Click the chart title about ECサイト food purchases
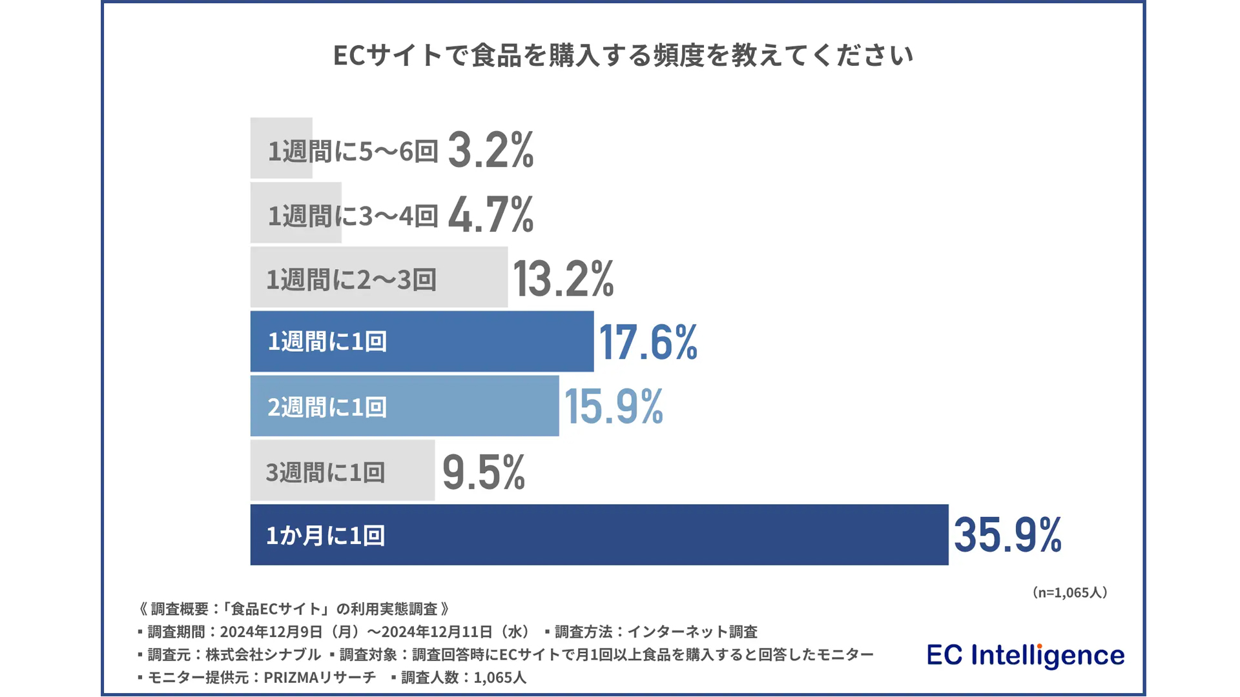(x=623, y=56)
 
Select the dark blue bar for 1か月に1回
(x=599, y=535)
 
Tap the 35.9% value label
(x=1008, y=535)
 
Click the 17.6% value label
(x=648, y=341)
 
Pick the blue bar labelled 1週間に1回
(x=422, y=341)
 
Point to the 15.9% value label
(x=614, y=407)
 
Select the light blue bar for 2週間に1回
(x=404, y=407)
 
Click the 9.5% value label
(x=483, y=472)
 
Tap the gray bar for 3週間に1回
(x=342, y=471)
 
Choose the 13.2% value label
(x=563, y=279)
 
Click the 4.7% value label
(x=491, y=214)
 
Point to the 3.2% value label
(x=491, y=150)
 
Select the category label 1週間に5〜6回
(x=353, y=151)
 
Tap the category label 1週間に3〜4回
(x=353, y=216)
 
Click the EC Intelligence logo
(x=1025, y=655)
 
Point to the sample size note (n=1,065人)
(x=1069, y=592)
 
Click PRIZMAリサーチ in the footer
(x=320, y=678)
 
